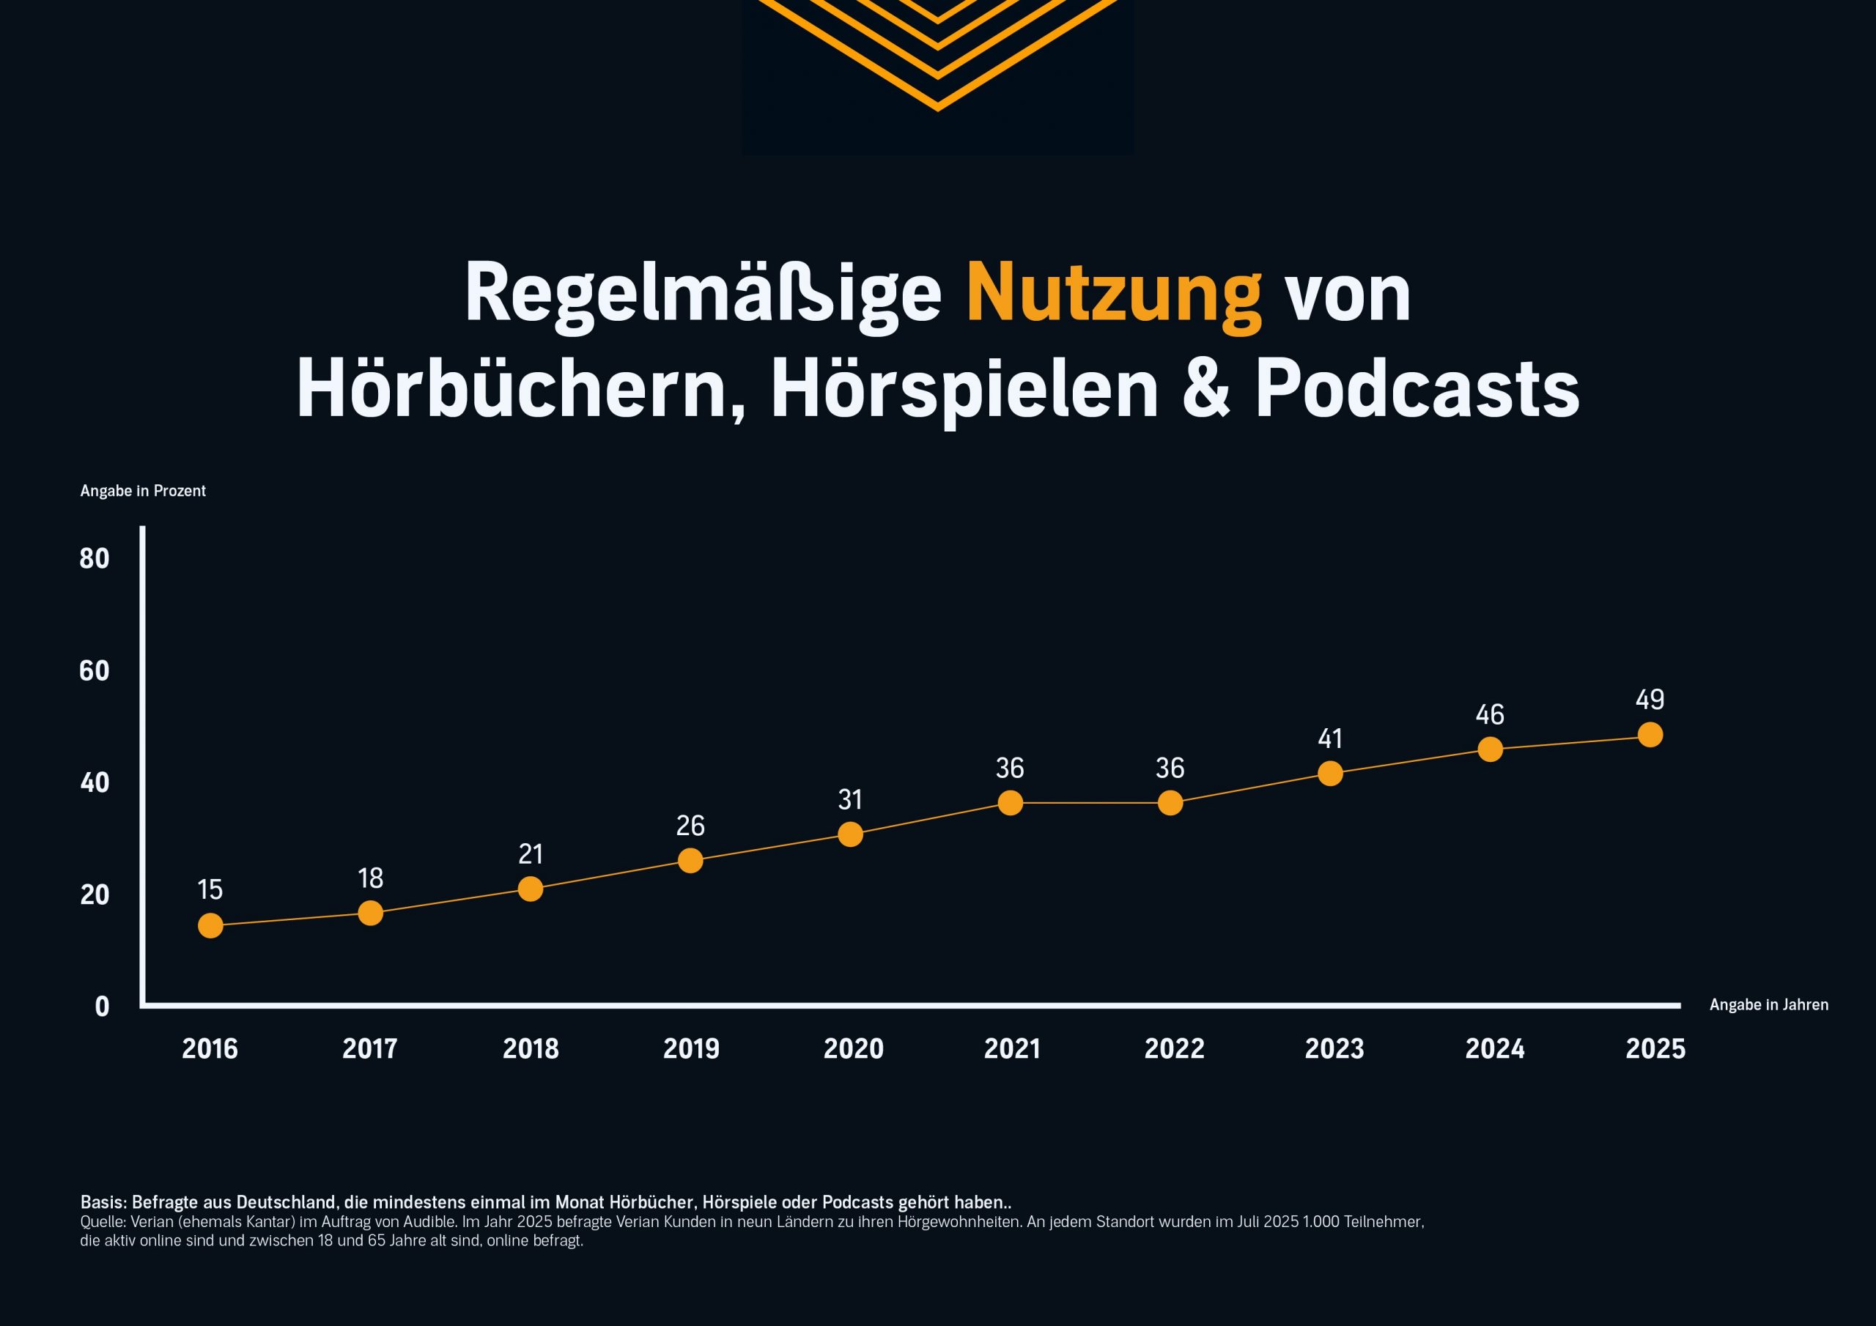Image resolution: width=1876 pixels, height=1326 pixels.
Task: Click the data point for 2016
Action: coord(210,926)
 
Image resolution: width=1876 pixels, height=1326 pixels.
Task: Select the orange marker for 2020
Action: coord(850,834)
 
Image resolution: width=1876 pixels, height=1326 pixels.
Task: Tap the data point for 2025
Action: coord(1650,735)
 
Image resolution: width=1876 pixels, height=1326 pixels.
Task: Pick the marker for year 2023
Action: coord(1330,773)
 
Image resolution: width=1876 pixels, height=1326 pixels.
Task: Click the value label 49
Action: coord(1650,700)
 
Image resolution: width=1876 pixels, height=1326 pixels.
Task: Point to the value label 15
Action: coord(210,889)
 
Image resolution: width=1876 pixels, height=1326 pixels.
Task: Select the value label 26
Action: coord(690,825)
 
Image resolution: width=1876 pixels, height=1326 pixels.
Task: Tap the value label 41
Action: coord(1330,738)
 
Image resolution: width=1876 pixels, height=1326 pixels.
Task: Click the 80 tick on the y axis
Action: coord(95,559)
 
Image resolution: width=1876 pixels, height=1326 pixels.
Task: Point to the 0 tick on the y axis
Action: coord(102,1007)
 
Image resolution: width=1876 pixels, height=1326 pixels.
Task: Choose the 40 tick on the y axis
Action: coord(95,782)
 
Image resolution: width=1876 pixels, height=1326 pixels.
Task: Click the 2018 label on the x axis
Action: coord(531,1049)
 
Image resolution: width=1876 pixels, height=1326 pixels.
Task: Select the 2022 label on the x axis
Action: coord(1174,1049)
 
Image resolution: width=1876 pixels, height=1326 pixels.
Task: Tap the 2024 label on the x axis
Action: coord(1494,1049)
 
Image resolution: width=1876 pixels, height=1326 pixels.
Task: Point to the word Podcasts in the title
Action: coord(1417,389)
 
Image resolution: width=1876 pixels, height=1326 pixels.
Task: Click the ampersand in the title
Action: coord(1206,389)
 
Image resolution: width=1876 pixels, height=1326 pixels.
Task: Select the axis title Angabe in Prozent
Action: coord(143,491)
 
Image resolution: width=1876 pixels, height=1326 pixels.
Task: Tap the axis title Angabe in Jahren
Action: coord(1769,1005)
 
